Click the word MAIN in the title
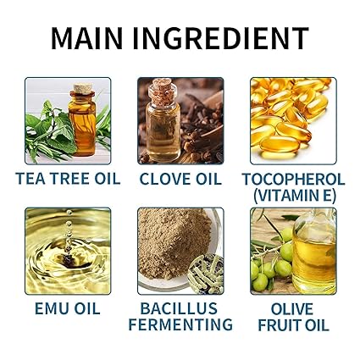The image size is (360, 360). click(x=87, y=39)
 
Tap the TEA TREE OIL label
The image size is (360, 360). click(x=68, y=179)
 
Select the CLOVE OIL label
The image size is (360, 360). click(x=180, y=179)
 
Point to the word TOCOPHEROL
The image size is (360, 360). click(x=293, y=179)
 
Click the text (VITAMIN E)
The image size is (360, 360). click(x=294, y=195)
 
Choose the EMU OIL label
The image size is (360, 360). click(x=68, y=308)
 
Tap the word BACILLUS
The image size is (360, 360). click(x=179, y=308)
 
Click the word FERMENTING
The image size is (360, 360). click(x=180, y=324)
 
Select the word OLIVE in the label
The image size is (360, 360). click(x=292, y=308)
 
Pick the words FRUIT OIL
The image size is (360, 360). click(x=293, y=324)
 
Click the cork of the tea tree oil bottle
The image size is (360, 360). click(x=83, y=89)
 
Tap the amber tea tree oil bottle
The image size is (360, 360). click(x=83, y=120)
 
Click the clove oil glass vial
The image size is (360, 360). click(x=163, y=120)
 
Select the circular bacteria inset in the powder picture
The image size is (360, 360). click(x=207, y=273)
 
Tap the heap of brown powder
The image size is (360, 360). click(x=174, y=243)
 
